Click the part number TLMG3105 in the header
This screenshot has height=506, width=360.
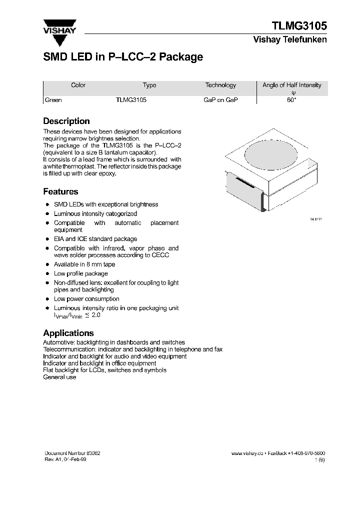[299, 26]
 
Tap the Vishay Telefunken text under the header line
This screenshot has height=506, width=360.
[290, 40]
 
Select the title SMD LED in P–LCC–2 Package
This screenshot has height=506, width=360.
[123, 57]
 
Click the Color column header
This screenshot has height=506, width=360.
[78, 85]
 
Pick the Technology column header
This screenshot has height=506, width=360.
[220, 85]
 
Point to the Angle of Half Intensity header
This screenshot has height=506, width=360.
[292, 85]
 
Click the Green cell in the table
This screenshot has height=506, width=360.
[53, 100]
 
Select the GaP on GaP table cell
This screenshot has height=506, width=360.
[220, 100]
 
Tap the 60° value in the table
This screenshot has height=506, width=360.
[292, 100]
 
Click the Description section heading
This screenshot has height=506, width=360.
[66, 121]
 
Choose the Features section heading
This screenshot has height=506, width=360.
[60, 191]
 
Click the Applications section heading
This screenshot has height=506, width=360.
[68, 333]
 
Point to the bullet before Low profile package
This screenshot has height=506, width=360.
[47, 274]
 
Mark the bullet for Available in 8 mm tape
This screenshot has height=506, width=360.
[47, 264]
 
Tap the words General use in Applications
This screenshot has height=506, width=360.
[60, 377]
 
